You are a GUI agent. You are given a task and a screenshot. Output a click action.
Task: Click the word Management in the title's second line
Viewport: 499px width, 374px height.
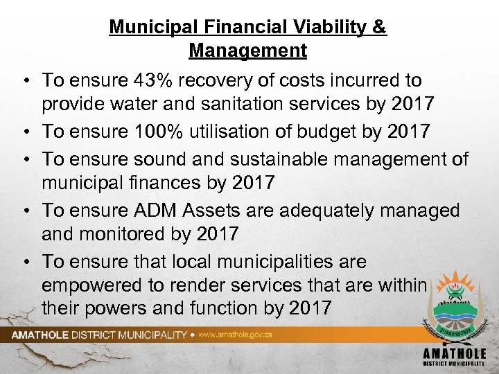point(247,51)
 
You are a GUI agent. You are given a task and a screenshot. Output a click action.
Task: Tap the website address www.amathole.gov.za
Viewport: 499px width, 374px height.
point(235,335)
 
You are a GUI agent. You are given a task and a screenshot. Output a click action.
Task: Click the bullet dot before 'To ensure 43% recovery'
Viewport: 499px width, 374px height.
point(23,80)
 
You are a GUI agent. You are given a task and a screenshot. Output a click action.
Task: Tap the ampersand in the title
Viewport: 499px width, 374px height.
point(380,28)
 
